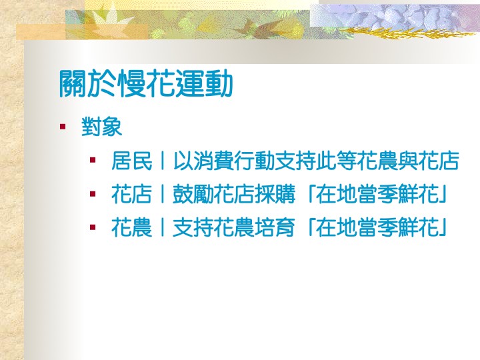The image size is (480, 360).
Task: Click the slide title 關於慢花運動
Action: pos(146,83)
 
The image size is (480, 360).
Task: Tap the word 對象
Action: pos(101,127)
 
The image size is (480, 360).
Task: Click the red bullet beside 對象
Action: pos(63,127)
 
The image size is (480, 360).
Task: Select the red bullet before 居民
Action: pos(93,160)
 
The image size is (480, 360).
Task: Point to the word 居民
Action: pos(131,161)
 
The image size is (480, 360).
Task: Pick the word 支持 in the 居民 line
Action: pos(295,161)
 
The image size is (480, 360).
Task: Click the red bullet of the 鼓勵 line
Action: pos(93,194)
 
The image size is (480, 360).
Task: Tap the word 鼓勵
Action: pos(193,195)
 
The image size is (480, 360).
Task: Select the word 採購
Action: pos(275,195)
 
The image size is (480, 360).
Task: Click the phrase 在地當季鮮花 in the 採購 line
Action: pos(377,195)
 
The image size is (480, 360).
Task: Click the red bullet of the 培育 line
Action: pos(93,227)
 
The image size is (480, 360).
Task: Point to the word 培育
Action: pos(275,228)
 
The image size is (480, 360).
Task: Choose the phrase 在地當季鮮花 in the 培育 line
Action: pos(377,228)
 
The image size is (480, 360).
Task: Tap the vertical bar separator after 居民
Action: pos(163,161)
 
